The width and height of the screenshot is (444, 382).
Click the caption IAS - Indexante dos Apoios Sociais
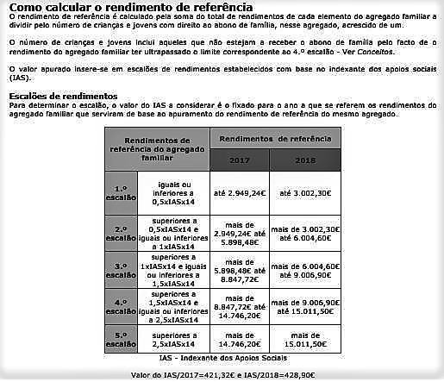[x=222, y=357]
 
